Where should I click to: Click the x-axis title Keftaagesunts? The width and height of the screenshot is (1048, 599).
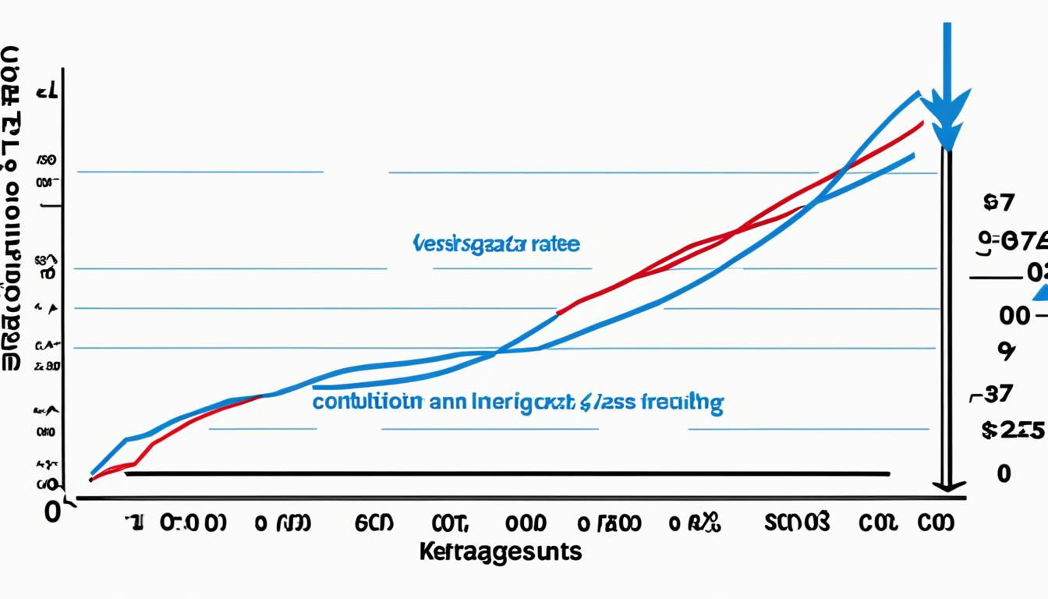(500, 551)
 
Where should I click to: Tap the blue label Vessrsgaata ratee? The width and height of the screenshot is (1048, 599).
(495, 244)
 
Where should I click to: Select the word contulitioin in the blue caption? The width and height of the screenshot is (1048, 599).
(368, 402)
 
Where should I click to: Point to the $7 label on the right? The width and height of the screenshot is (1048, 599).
(1000, 204)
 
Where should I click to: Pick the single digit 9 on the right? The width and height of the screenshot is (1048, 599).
(1006, 352)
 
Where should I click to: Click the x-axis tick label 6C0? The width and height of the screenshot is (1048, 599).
(374, 523)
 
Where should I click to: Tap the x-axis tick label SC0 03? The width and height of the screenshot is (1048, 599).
(797, 522)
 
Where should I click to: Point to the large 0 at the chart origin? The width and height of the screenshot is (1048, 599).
(53, 512)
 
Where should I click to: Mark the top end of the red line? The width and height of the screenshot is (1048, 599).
(923, 122)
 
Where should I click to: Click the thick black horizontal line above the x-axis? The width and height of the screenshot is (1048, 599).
(507, 473)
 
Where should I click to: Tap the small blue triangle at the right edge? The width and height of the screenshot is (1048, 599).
(1040, 292)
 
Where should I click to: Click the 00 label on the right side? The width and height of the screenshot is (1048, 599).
(1014, 316)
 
